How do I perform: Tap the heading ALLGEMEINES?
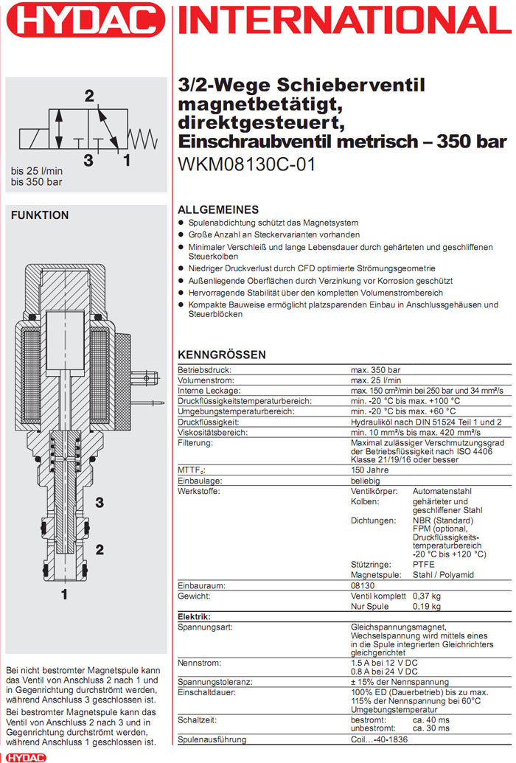tap(219, 209)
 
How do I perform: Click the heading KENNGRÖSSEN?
tap(222, 355)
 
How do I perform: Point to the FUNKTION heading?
tap(40, 215)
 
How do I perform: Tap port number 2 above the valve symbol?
tap(89, 96)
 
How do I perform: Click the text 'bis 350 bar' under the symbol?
tap(36, 181)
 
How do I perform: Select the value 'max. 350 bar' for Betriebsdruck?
tap(375, 369)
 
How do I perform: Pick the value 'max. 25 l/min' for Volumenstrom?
tap(377, 380)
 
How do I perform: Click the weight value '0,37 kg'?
tap(426, 596)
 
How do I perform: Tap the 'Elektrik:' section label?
tap(195, 616)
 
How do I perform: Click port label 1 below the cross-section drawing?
tap(65, 593)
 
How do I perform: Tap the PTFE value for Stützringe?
tap(423, 564)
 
